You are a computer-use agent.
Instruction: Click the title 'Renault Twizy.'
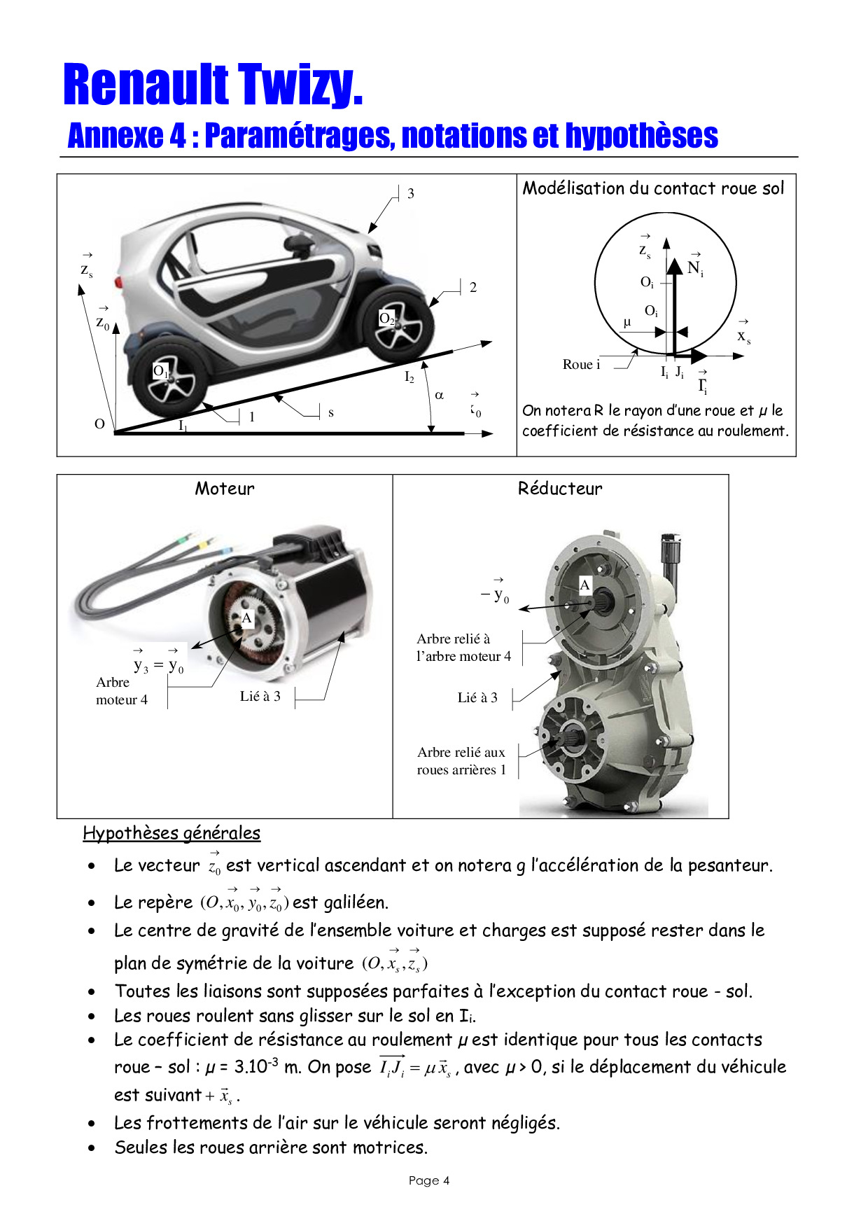[213, 85]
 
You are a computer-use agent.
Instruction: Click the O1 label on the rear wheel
[160, 371]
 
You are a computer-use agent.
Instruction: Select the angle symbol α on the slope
[440, 395]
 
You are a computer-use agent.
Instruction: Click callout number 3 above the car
[411, 193]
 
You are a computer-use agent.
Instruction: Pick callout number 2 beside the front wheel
[473, 287]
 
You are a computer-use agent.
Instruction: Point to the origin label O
[99, 424]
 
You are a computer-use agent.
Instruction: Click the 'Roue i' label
[581, 364]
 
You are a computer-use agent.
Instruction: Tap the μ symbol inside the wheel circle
[627, 322]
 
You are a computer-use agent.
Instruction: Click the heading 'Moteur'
[225, 489]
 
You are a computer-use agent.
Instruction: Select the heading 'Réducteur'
[560, 489]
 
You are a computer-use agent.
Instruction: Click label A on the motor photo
[246, 618]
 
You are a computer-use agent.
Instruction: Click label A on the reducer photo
[585, 585]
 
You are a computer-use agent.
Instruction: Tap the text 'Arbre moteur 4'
[122, 691]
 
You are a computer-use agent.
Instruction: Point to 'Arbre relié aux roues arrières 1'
[461, 761]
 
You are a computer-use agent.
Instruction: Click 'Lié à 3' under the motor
[260, 696]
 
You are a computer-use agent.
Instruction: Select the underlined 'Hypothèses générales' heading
[171, 833]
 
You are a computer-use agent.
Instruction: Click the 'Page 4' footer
[429, 1180]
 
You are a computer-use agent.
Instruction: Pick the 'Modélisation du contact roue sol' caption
[654, 188]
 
